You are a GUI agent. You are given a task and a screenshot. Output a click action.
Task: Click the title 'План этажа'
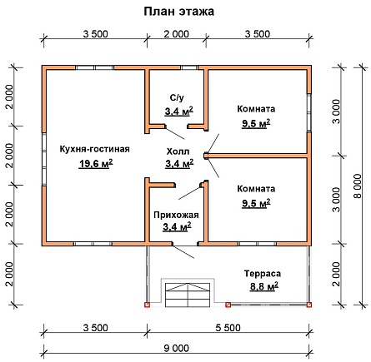point(179,12)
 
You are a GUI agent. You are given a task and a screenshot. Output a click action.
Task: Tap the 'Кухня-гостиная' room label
point(95,149)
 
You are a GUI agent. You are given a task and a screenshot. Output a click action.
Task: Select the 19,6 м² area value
point(96,163)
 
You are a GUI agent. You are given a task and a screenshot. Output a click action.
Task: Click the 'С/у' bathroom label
point(177,97)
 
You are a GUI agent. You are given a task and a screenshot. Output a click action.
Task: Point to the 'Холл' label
point(178,151)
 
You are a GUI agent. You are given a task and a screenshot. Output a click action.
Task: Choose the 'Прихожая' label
point(176,215)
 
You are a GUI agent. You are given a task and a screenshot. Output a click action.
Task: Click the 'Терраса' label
point(263,274)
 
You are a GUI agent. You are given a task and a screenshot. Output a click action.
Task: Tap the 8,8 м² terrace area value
point(264,285)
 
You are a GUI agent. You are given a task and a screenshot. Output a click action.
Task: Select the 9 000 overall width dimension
point(177,348)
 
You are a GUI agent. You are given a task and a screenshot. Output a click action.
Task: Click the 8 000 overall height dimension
point(358,186)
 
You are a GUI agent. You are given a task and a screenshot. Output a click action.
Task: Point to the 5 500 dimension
point(228,328)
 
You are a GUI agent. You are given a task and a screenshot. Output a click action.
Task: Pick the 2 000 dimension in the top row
point(176,34)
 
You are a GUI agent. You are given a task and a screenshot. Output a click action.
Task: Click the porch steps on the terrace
point(188,295)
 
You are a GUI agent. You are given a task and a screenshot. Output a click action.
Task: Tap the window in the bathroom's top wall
point(189,67)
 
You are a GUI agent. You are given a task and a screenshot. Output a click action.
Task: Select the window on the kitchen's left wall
point(44,159)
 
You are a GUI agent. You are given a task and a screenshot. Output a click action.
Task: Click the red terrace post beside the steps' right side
point(228,305)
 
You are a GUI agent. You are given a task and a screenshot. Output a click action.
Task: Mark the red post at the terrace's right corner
point(309,305)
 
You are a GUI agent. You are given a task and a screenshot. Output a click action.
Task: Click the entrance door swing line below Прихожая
point(183,251)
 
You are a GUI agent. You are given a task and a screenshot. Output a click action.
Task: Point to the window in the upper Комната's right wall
point(308,112)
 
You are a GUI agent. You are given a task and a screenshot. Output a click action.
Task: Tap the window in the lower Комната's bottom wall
point(258,244)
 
